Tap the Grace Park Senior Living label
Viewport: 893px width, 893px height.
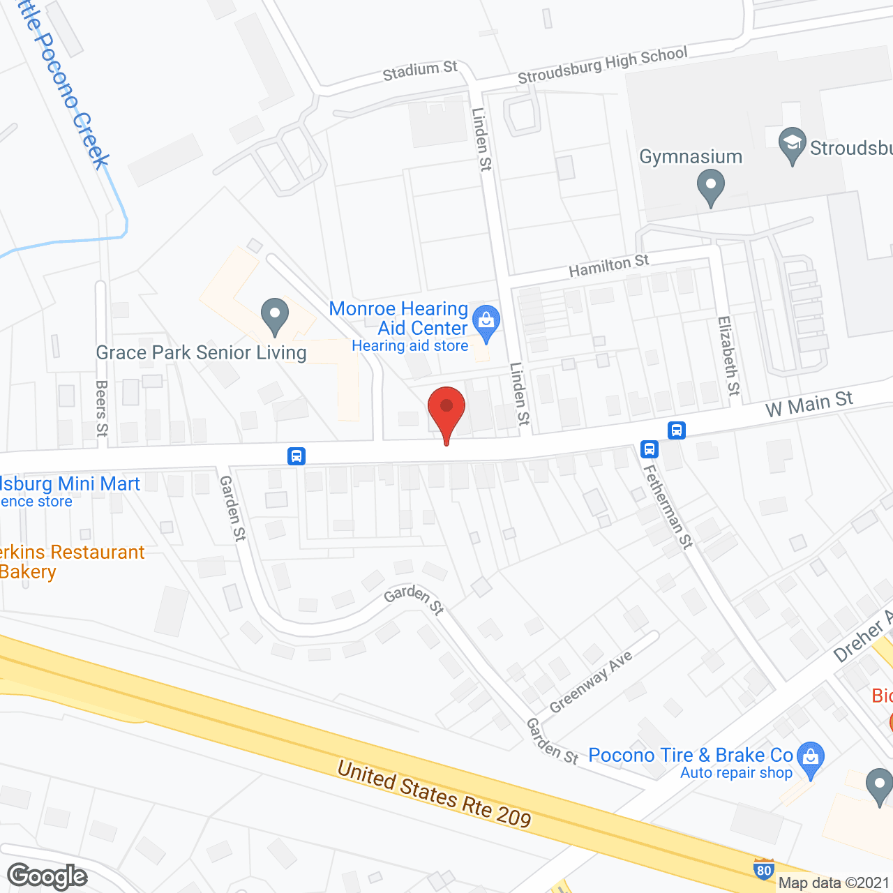pos(201,353)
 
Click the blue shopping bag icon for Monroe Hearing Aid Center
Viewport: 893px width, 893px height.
pos(486,322)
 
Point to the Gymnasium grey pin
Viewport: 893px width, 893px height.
pos(711,188)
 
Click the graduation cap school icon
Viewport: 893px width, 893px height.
pos(792,144)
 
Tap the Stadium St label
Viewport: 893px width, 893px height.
pos(420,70)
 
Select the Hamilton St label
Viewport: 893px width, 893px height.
pos(608,265)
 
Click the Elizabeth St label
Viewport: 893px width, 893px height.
pos(728,356)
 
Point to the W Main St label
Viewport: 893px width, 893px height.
pos(809,404)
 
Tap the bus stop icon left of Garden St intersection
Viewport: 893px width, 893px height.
pos(297,456)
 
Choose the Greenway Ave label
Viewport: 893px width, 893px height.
pos(590,682)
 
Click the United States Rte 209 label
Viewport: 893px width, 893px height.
pos(434,793)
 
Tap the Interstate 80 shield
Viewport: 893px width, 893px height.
pos(764,869)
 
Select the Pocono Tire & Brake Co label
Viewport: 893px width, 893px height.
pos(691,756)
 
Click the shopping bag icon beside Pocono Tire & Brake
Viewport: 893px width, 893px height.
pos(810,758)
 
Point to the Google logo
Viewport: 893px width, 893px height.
pos(47,876)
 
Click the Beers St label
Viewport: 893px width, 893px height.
pos(102,408)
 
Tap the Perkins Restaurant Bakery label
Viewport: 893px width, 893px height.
pos(70,562)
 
